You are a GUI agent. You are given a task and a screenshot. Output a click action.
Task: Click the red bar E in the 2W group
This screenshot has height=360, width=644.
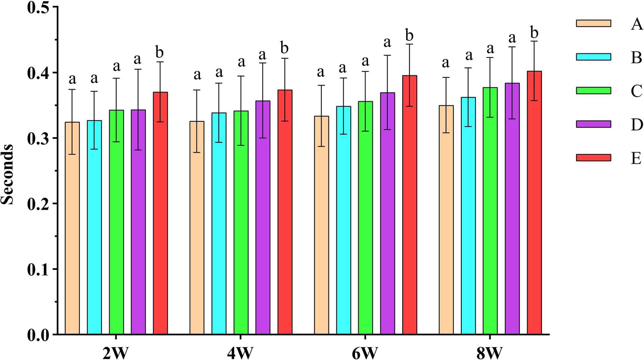pyautogui.click(x=160, y=213)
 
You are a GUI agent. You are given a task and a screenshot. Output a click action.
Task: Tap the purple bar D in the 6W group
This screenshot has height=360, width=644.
pyautogui.click(x=387, y=213)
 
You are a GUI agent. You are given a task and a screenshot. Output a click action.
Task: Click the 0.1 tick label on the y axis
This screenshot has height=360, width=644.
pyautogui.click(x=38, y=270)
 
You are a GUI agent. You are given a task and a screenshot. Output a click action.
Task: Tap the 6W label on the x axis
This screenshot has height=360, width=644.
pyautogui.click(x=365, y=353)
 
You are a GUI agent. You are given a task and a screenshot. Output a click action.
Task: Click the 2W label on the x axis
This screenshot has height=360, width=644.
pyautogui.click(x=115, y=353)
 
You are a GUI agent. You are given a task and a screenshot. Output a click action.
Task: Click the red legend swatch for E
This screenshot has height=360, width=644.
pyautogui.click(x=593, y=157)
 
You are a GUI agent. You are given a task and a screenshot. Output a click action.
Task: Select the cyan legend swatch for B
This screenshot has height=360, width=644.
pyautogui.click(x=593, y=57)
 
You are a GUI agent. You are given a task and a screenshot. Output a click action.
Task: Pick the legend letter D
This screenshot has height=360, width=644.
pyautogui.click(x=636, y=124)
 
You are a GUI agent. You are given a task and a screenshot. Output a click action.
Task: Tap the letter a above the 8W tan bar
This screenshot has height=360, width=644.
pyautogui.click(x=446, y=63)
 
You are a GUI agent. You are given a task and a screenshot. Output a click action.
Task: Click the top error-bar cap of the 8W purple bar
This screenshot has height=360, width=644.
pyautogui.click(x=512, y=47)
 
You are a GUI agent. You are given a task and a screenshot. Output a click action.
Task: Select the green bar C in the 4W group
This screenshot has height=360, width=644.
pyautogui.click(x=241, y=222)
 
